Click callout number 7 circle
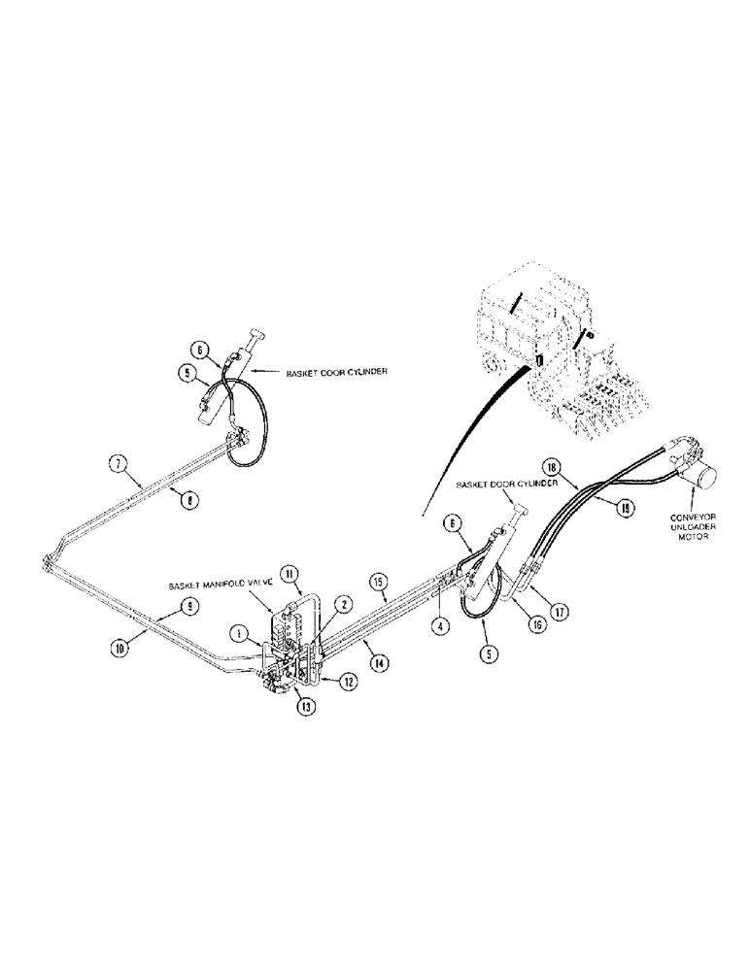[x=116, y=465]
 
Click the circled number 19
[x=625, y=505]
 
